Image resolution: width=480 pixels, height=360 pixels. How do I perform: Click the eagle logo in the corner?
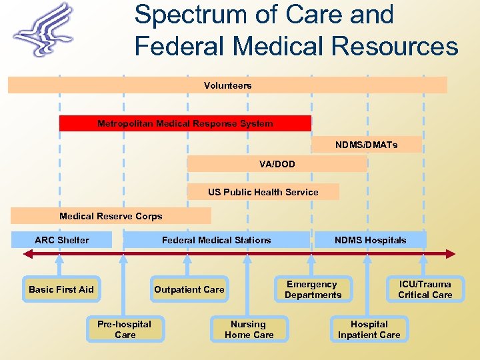pyautogui.click(x=45, y=30)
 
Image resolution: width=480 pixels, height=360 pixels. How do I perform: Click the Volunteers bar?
pyautogui.click(x=227, y=85)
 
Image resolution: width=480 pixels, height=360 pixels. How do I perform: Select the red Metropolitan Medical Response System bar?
pyautogui.click(x=185, y=123)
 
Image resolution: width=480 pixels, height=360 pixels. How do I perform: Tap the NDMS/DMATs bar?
pyautogui.click(x=366, y=145)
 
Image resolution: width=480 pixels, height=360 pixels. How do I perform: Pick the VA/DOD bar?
pyautogui.click(x=277, y=164)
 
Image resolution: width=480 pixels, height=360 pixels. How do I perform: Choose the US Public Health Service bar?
pyautogui.click(x=263, y=192)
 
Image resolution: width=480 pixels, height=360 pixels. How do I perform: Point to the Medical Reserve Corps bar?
pyautogui.click(x=111, y=216)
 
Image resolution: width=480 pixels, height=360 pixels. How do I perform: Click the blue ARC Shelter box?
pyautogui.click(x=61, y=240)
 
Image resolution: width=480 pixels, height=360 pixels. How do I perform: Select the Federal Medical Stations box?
pyautogui.click(x=217, y=240)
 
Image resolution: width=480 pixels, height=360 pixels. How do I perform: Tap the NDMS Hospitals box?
pyautogui.click(x=370, y=240)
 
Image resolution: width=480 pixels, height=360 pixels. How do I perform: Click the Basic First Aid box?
pyautogui.click(x=61, y=289)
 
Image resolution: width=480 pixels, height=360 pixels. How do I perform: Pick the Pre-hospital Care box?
pyautogui.click(x=125, y=329)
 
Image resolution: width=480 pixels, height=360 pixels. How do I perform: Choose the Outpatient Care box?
pyautogui.click(x=189, y=289)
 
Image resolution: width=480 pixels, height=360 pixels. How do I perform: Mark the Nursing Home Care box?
pyautogui.click(x=249, y=329)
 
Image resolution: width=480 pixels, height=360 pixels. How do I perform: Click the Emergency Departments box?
pyautogui.click(x=313, y=289)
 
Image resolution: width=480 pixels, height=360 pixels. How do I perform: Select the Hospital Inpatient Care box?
pyautogui.click(x=369, y=329)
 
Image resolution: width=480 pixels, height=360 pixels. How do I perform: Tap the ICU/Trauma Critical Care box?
pyautogui.click(x=425, y=289)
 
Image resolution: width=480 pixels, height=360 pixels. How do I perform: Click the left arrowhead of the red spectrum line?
pyautogui.click(x=27, y=253)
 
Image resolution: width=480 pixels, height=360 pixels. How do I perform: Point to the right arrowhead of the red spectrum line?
pyautogui.click(x=452, y=253)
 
